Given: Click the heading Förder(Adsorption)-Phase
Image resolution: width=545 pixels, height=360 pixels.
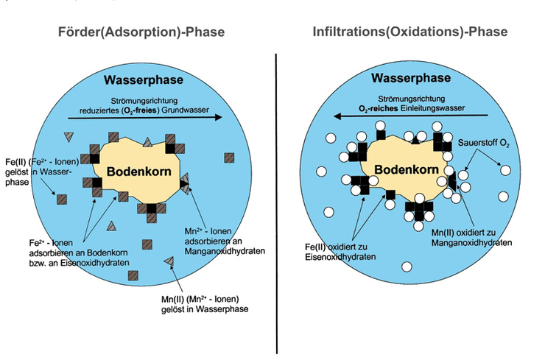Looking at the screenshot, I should pyautogui.click(x=141, y=32).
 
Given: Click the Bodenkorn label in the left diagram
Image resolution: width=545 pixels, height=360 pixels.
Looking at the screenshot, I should pyautogui.click(x=140, y=172).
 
